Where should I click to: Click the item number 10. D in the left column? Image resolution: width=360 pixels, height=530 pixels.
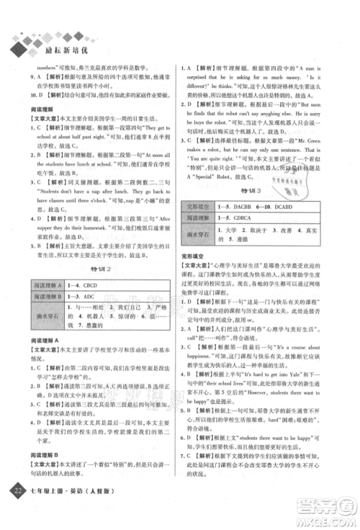[x=27, y=94]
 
